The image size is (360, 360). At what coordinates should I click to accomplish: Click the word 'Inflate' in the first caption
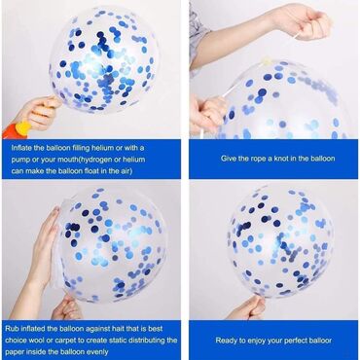pyautogui.click(x=21, y=148)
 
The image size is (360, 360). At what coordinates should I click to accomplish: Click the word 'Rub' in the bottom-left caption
pyautogui.click(x=12, y=329)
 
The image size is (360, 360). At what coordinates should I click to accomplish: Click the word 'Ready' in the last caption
pyautogui.click(x=227, y=341)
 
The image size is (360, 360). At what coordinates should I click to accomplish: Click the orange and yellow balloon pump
pyautogui.click(x=17, y=129)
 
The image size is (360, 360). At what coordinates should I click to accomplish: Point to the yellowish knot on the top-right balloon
pyautogui.click(x=268, y=61)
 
